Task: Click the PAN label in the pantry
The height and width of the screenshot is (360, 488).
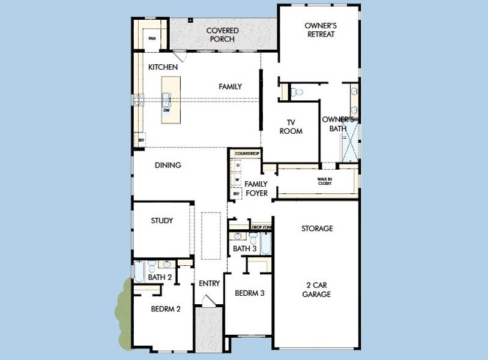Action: [x=152, y=39]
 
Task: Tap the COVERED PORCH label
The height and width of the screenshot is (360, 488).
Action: [x=222, y=35]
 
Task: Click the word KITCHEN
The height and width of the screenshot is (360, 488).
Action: [x=163, y=67]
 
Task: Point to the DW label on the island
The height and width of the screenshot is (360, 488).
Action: [x=166, y=110]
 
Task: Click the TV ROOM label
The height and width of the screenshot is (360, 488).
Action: [x=291, y=127]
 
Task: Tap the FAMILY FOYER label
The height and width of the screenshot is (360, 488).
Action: [x=256, y=188]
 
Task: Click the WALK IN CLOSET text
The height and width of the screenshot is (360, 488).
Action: [x=324, y=181]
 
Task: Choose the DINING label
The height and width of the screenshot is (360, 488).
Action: [x=168, y=165]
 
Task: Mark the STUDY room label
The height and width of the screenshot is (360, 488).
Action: [x=161, y=220]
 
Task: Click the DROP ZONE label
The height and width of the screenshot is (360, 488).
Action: [x=262, y=227]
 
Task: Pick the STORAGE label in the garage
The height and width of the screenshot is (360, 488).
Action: [x=317, y=229]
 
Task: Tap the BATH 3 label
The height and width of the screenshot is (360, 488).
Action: [x=245, y=248]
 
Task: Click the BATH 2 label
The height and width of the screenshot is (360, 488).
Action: [x=160, y=277]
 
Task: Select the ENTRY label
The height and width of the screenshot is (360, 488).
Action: [x=209, y=283]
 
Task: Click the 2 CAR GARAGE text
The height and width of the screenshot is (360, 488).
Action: [x=317, y=289]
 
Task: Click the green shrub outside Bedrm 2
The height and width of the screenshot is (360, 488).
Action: [x=124, y=315]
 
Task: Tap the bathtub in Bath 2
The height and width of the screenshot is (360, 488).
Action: [x=139, y=272]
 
